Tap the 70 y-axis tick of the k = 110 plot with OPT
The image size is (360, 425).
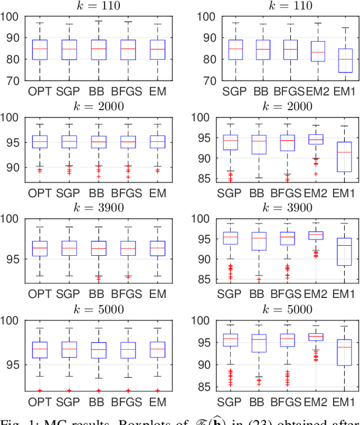[x=12, y=80]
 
